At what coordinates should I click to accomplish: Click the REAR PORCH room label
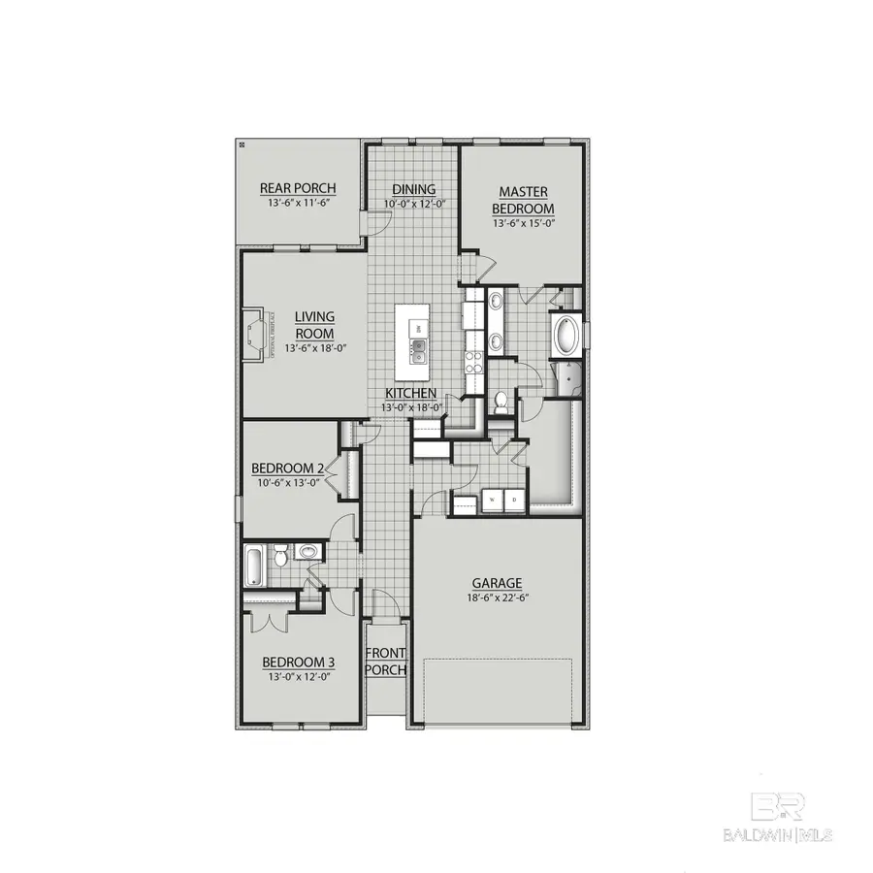click(298, 188)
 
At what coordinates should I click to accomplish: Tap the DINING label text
click(414, 189)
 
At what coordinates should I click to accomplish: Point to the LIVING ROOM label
click(314, 324)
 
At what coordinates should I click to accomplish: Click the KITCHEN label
click(410, 393)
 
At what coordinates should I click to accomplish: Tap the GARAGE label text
click(497, 583)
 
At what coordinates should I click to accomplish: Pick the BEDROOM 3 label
click(299, 663)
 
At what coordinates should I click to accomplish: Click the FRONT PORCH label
click(386, 662)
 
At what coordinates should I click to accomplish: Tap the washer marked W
click(491, 501)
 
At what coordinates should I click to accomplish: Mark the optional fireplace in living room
click(257, 335)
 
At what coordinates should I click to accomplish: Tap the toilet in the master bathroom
click(501, 401)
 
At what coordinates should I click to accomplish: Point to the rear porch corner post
click(242, 144)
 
